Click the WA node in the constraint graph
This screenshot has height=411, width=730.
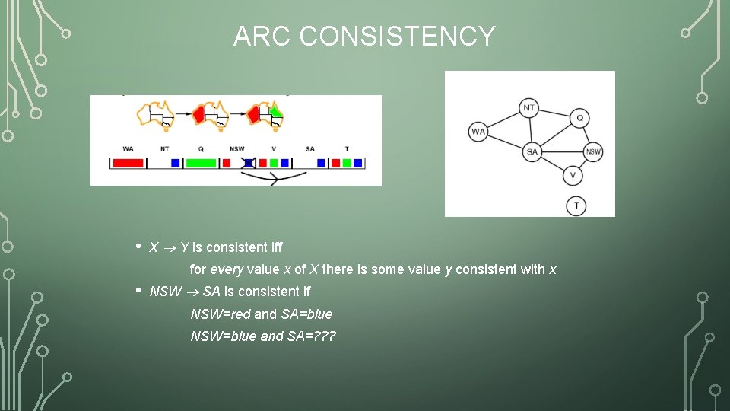pos(478,132)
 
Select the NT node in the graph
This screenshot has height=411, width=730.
pos(529,108)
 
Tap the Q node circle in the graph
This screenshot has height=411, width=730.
pos(579,118)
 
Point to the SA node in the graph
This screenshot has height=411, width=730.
pos(532,152)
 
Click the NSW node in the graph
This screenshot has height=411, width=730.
pos(593,151)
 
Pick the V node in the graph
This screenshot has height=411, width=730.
pos(573,176)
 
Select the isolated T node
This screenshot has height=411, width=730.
pos(576,205)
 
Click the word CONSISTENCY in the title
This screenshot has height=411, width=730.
pos(397,36)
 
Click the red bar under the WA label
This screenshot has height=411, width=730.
pos(128,163)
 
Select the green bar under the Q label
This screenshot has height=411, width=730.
pos(201,163)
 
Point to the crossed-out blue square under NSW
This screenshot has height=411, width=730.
pos(248,163)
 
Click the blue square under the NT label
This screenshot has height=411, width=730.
pos(176,163)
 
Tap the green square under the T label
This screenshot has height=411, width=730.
pos(347,163)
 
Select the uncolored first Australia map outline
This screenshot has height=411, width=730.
pos(156,114)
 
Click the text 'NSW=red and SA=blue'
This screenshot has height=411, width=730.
pos(261,314)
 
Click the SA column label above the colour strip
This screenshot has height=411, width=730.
pos(309,149)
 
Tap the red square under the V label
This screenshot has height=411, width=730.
pos(262,163)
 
